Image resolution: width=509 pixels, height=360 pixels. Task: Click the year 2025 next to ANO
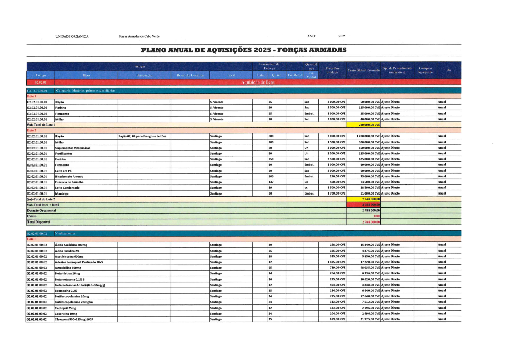342,36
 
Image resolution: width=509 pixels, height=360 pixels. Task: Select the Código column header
41,75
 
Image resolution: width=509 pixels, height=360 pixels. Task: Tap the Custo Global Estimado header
363,70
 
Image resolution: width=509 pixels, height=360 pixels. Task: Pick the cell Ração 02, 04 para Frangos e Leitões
143,136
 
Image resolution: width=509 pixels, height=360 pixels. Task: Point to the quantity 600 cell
271,136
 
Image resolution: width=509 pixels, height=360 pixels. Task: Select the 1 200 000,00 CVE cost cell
365,136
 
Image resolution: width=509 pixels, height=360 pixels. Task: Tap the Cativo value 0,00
377,216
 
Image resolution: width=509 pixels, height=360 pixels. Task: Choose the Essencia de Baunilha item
70,182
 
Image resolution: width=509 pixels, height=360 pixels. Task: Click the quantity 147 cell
271,182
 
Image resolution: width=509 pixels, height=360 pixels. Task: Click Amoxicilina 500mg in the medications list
68,267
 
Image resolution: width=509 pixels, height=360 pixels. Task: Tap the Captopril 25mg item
66,308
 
